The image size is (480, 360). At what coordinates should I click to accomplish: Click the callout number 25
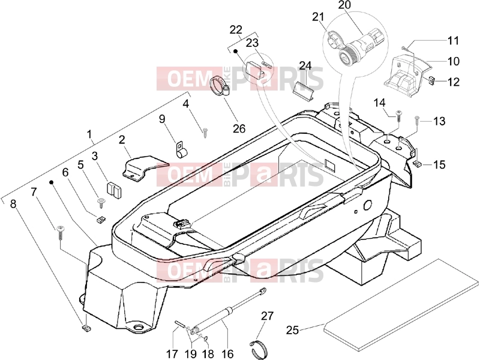click(x=292, y=330)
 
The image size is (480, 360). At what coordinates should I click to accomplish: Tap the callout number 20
click(x=344, y=5)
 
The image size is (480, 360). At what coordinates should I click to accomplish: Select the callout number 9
click(x=162, y=118)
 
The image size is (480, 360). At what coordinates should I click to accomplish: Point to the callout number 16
click(x=227, y=353)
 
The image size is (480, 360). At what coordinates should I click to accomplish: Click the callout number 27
click(x=267, y=316)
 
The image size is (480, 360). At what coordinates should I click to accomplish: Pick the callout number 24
click(x=305, y=65)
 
